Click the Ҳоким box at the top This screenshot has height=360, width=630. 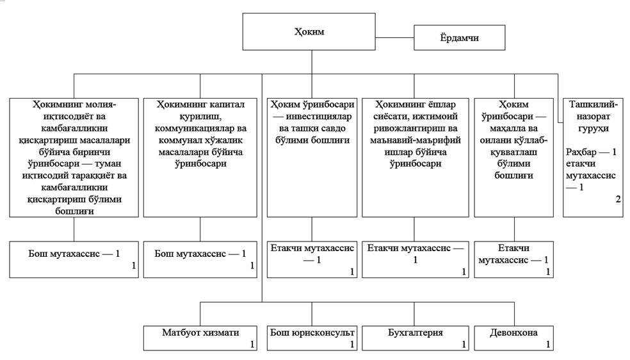[x=309, y=32]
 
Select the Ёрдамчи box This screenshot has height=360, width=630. [x=459, y=38]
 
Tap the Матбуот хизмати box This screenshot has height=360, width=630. [x=200, y=338]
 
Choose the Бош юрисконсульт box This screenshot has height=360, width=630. [x=312, y=338]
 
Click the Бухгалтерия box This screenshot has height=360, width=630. [x=415, y=338]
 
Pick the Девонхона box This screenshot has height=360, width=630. [x=513, y=338]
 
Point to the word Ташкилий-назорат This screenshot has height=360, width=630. [x=594, y=110]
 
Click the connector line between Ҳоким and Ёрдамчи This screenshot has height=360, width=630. [x=394, y=38]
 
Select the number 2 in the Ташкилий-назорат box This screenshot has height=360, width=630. [x=618, y=199]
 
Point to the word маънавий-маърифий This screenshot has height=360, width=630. [x=415, y=140]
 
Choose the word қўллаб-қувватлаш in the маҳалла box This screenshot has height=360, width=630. [x=514, y=146]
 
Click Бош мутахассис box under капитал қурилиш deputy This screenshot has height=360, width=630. [x=200, y=259]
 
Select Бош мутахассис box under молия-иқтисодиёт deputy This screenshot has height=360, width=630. [x=74, y=259]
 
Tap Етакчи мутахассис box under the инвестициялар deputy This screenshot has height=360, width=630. [x=312, y=259]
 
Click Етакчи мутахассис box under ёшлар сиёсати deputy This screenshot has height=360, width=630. [x=415, y=259]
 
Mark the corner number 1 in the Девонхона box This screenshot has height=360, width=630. [x=547, y=345]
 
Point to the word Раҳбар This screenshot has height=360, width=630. [x=581, y=152]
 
